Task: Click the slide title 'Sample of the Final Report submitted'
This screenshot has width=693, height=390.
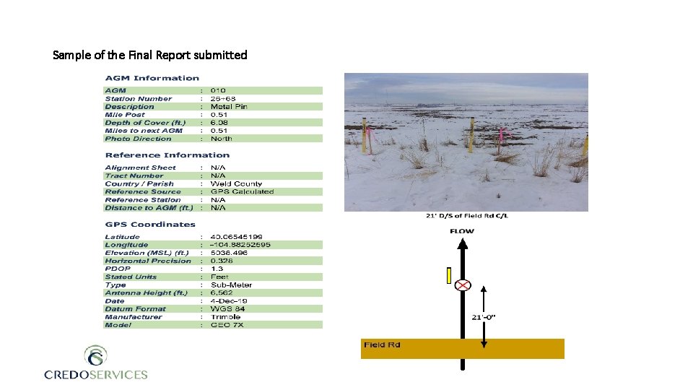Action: (x=150, y=55)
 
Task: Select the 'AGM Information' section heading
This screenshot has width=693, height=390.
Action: (x=152, y=78)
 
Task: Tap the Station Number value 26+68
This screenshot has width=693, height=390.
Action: (x=223, y=99)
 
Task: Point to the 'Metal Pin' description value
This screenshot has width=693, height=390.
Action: (x=229, y=107)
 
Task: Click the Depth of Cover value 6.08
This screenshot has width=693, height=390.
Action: (x=219, y=123)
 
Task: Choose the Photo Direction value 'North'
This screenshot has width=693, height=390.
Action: (x=221, y=139)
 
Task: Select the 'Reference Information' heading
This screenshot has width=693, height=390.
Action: (x=167, y=155)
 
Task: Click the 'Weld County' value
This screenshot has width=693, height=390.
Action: (x=236, y=184)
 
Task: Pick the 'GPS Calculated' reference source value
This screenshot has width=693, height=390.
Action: (x=242, y=192)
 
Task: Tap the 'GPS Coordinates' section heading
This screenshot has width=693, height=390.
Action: (x=149, y=225)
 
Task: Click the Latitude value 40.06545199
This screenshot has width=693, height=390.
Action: (x=236, y=237)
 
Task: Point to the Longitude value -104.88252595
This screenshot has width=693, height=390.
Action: (x=240, y=245)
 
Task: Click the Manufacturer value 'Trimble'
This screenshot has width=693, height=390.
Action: (x=225, y=317)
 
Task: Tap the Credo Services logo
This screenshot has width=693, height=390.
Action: (x=95, y=363)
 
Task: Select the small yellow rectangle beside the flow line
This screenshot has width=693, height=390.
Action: (x=449, y=275)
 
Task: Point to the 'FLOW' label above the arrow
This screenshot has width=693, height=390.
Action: (x=462, y=232)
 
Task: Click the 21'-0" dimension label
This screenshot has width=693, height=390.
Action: (x=483, y=317)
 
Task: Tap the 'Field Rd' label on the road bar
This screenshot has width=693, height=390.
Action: (x=382, y=345)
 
